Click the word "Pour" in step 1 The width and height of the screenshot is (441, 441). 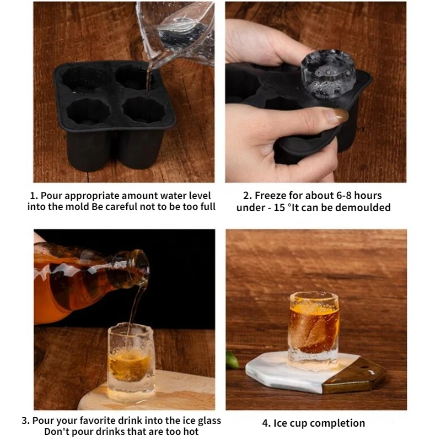click(53, 196)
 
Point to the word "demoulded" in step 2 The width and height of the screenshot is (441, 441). click(367, 207)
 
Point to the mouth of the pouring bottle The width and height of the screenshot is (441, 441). click(142, 270)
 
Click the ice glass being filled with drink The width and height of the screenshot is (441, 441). click(131, 361)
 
